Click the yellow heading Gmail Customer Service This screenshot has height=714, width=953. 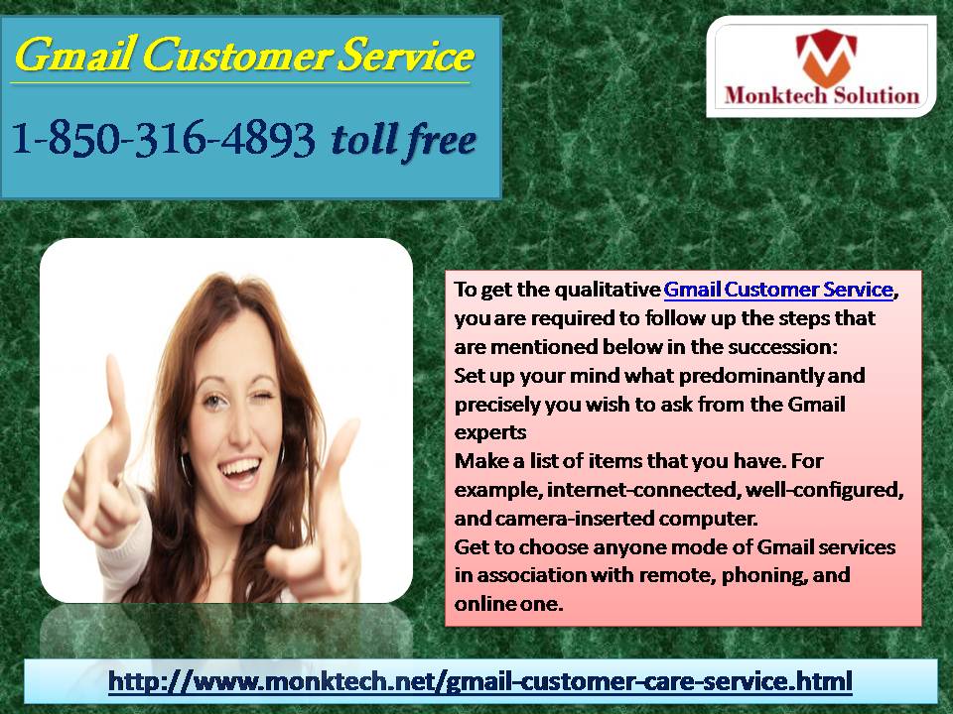pos(244,56)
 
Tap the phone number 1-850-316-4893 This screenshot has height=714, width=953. pos(163,139)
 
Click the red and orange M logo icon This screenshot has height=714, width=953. pos(825,58)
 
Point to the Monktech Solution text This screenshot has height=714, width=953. pos(822,95)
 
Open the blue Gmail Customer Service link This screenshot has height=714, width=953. pos(778,290)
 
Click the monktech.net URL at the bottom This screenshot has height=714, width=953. pos(480,681)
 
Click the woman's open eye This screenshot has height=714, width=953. pos(212,401)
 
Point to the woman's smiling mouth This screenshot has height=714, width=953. pos(240,469)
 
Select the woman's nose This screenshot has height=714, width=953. pos(240,428)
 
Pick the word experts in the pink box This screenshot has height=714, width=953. pos(489,433)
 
